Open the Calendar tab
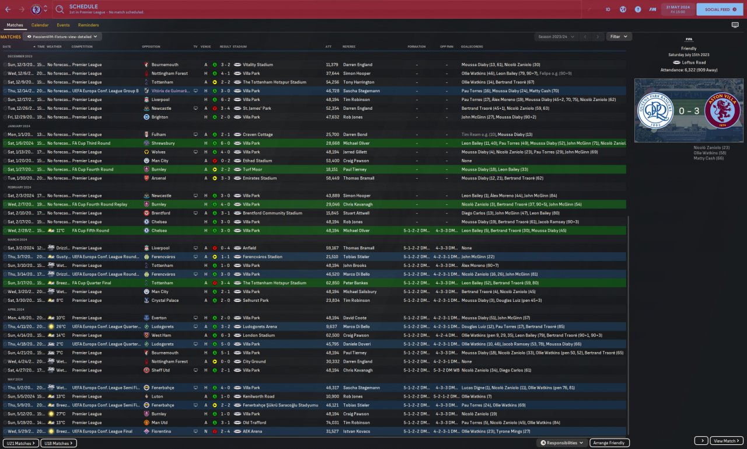40,25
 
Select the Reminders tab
88,25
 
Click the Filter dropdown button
619,36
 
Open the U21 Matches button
21,443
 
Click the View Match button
727,441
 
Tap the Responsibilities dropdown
561,443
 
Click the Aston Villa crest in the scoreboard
722,110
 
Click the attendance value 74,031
331,423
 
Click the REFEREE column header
348,47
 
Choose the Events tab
63,25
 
